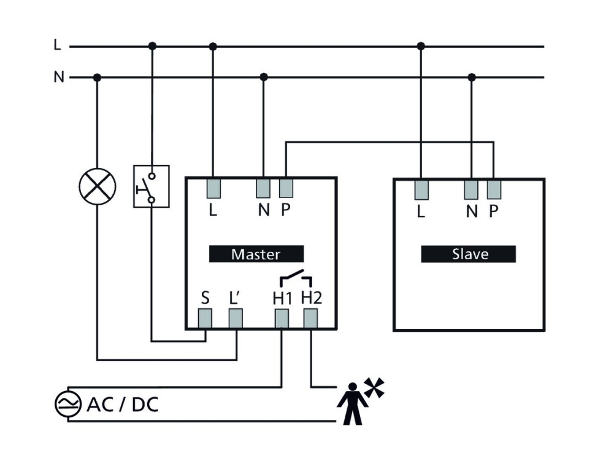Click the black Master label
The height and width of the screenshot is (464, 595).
(256, 254)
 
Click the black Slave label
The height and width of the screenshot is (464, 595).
(468, 254)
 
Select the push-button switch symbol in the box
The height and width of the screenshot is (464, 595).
(151, 186)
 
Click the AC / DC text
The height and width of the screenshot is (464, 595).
(123, 404)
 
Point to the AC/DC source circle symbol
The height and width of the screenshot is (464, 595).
(67, 404)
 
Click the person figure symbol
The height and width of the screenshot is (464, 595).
(351, 404)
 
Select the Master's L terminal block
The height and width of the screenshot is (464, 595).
(213, 188)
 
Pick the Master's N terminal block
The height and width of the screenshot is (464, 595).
(264, 188)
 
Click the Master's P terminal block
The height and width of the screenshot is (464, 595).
(286, 188)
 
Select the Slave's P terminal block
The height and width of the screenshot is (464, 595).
(494, 189)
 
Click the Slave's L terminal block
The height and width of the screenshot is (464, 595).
(421, 189)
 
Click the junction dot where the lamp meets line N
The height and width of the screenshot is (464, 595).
(97, 77)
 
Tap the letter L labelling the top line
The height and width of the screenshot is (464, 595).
(58, 45)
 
